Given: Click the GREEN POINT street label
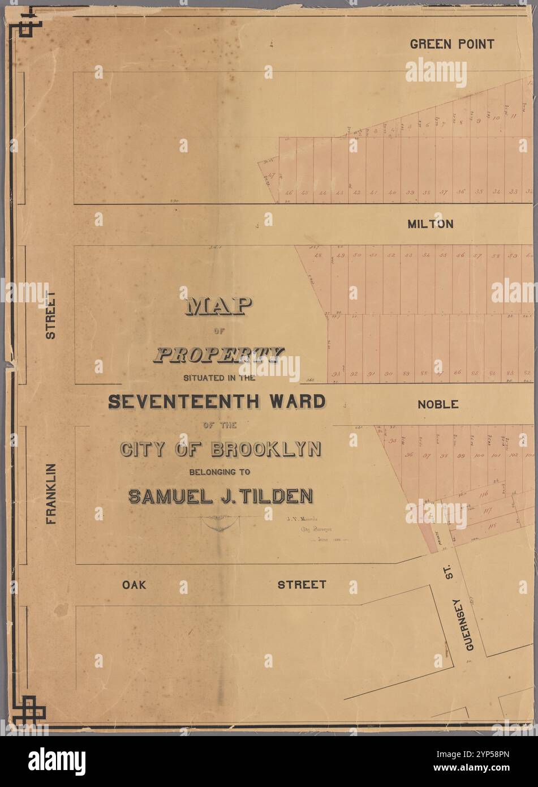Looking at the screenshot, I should point(451,44).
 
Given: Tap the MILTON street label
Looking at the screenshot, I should point(431,224).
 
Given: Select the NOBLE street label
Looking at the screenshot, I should point(437,404).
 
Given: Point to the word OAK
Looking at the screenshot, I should point(134,584).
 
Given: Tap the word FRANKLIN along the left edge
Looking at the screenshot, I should point(51,493).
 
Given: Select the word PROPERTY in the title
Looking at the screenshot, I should point(218,355).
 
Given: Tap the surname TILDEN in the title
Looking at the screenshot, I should point(277,496).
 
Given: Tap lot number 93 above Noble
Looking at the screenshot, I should point(336,374).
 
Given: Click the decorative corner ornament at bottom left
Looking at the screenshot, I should point(31,709).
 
